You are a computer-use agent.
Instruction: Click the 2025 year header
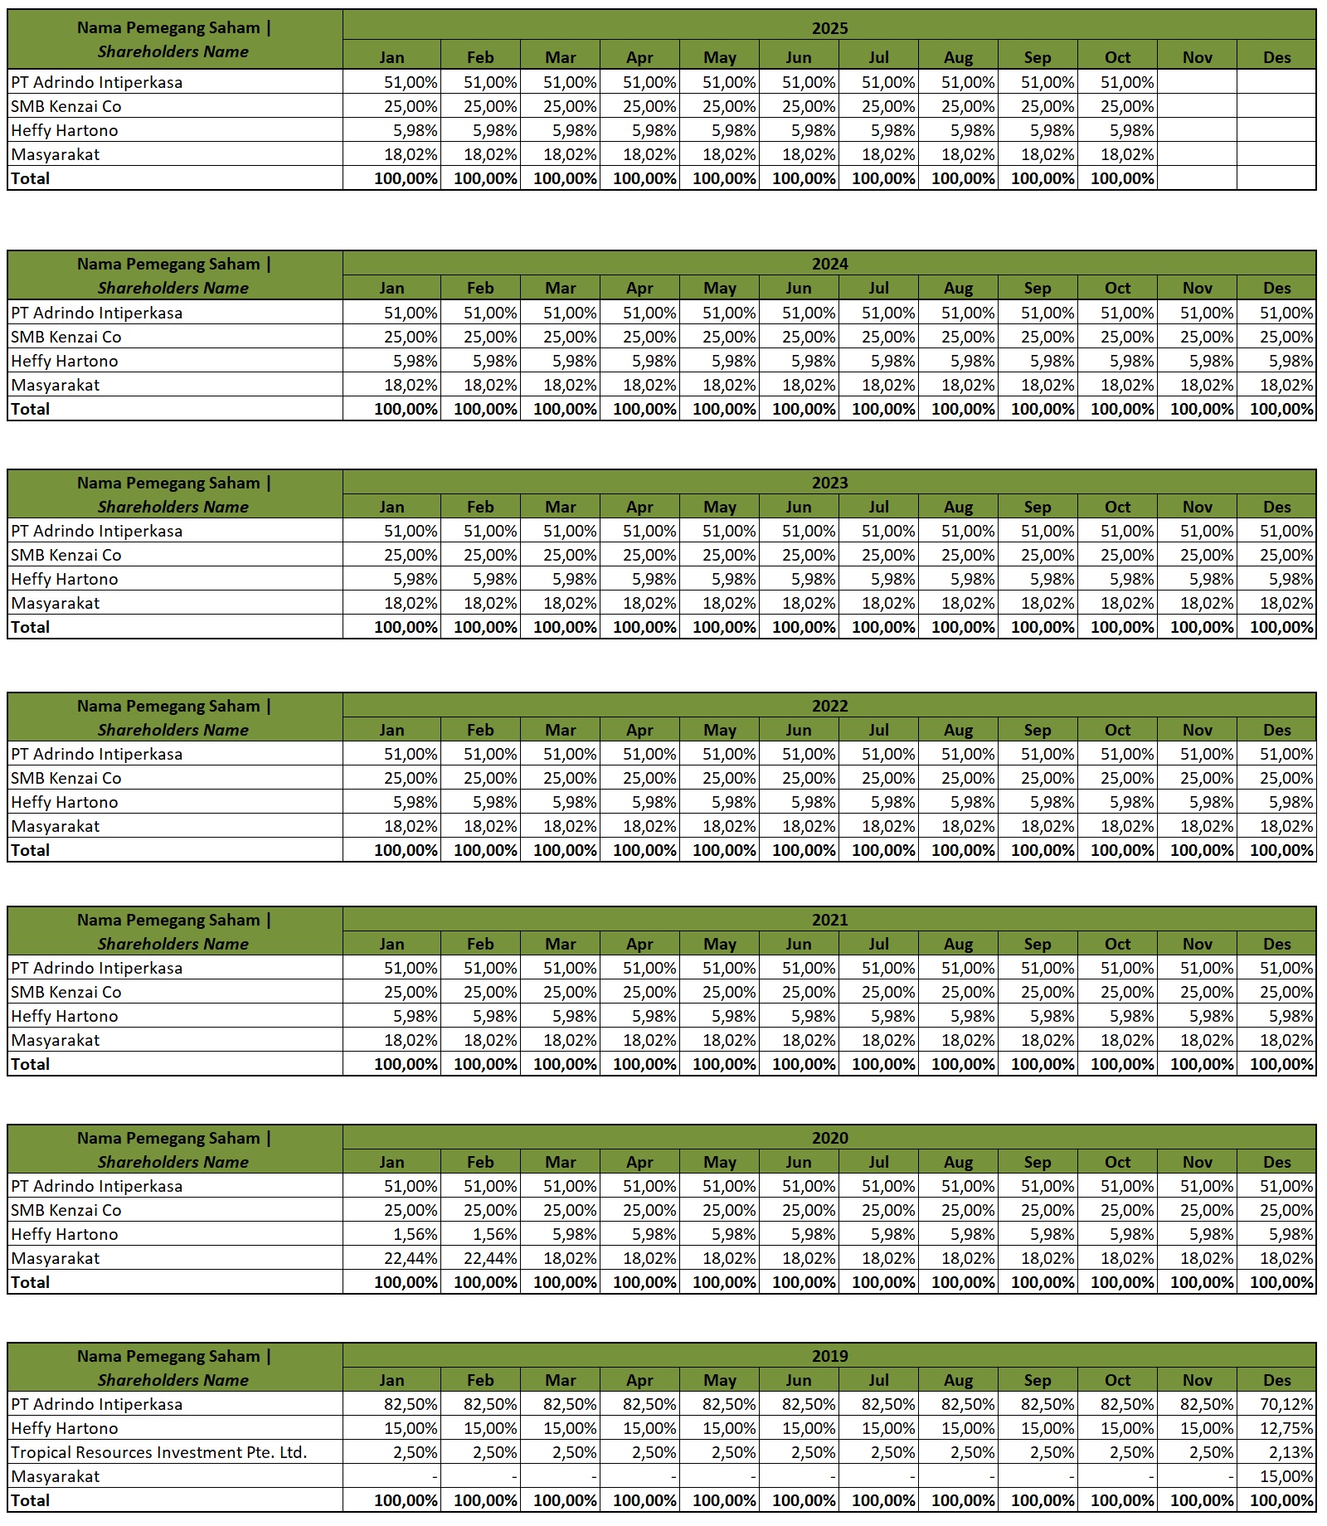pyautogui.click(x=829, y=27)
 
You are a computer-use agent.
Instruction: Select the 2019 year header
pyautogui.click(x=829, y=1356)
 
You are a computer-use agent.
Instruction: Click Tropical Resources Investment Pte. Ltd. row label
pyautogui.click(x=159, y=1453)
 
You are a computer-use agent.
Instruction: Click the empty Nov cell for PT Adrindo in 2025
pyautogui.click(x=1197, y=82)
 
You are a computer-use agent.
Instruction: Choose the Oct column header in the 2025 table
pyautogui.click(x=1117, y=57)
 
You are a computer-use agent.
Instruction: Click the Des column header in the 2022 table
pyautogui.click(x=1276, y=730)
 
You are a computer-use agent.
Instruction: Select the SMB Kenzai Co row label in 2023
pyautogui.click(x=66, y=555)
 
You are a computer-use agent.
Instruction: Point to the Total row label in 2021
pyautogui.click(x=31, y=1064)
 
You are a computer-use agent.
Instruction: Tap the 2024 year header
pyautogui.click(x=829, y=264)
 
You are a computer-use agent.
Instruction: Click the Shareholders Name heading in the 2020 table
pyautogui.click(x=173, y=1162)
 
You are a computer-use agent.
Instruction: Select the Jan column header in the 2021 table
pyautogui.click(x=391, y=944)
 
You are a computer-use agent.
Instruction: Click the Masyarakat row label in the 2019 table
pyautogui.click(x=56, y=1477)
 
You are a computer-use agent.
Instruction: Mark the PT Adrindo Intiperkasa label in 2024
pyautogui.click(x=97, y=313)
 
